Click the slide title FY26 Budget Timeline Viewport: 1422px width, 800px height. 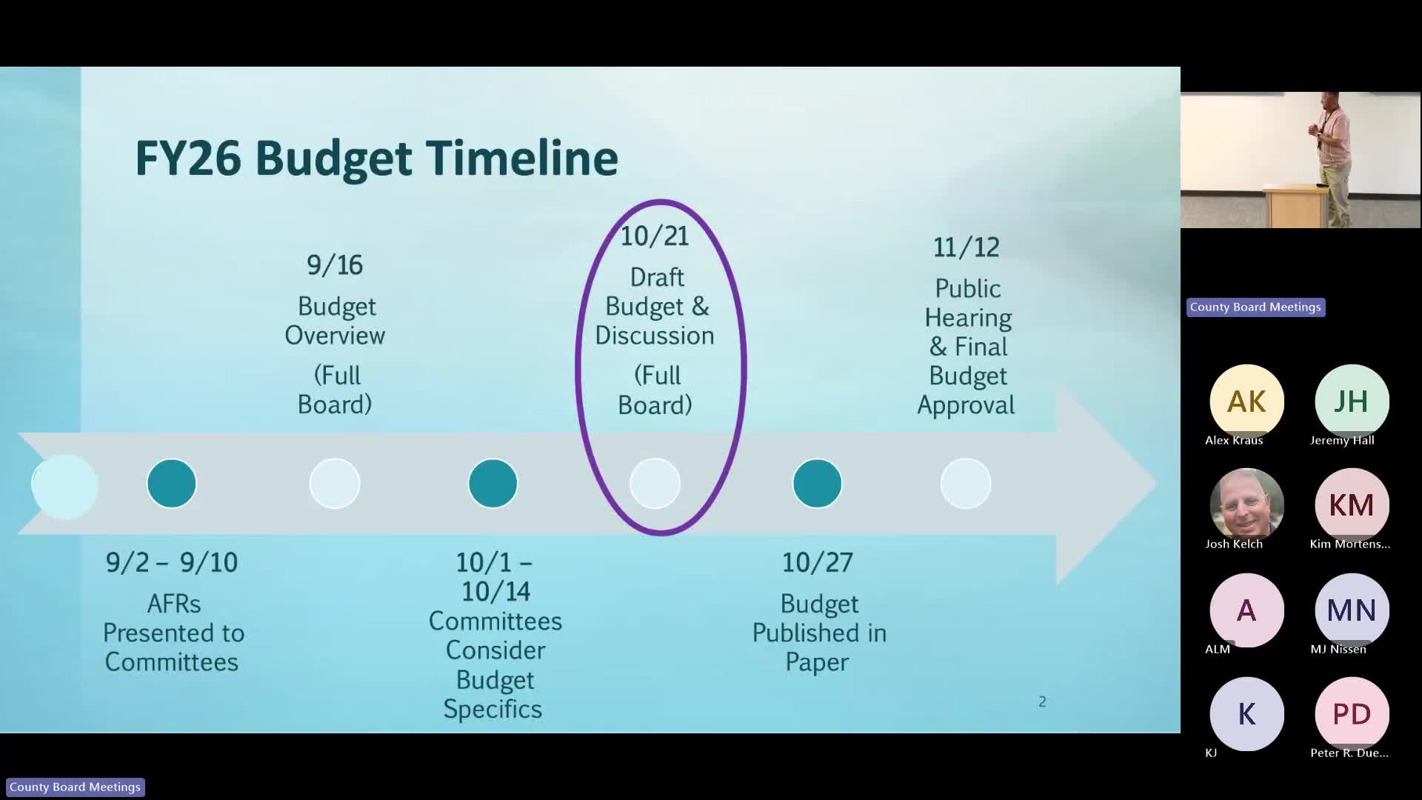pos(376,158)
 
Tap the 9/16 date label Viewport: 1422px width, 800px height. pos(335,265)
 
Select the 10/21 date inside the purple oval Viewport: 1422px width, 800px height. pos(655,236)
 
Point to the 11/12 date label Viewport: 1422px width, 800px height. pos(966,247)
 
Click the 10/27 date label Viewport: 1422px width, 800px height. pos(818,563)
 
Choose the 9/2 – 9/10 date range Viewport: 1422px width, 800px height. pos(172,563)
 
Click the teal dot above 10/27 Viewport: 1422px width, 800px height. pos(818,484)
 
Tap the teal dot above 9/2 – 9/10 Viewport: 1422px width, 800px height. pos(172,484)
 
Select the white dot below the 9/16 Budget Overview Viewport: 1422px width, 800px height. pos(335,484)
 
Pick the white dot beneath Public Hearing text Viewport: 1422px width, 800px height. pos(966,484)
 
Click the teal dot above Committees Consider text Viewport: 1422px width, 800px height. pos(493,484)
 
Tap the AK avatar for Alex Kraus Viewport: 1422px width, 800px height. pos(1246,401)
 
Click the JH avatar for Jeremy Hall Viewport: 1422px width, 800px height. pos(1352,401)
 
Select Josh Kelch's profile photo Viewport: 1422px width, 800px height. pos(1246,505)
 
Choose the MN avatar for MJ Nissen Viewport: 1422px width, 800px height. pos(1352,610)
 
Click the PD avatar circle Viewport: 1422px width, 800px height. pos(1352,714)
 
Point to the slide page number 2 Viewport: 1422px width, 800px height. pos(1042,701)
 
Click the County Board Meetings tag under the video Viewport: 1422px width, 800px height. pos(1255,307)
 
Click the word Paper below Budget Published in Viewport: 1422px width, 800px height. pos(817,662)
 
